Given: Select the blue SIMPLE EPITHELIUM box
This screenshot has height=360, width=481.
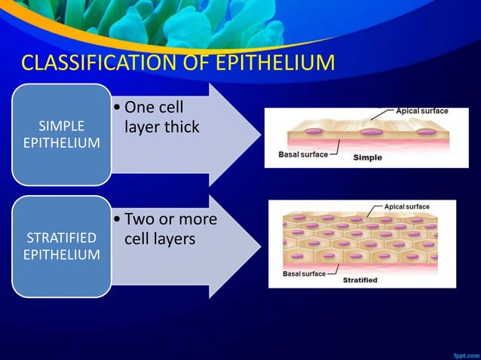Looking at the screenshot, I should pyautogui.click(x=62, y=133).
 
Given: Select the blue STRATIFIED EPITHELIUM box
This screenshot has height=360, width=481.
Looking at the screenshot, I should pyautogui.click(x=62, y=246).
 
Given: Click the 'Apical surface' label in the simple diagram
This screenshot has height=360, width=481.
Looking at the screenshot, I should pyautogui.click(x=421, y=111).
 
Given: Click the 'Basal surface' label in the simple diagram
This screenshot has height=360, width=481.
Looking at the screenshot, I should pyautogui.click(x=303, y=154).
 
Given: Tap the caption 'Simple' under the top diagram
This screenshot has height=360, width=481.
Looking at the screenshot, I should pyautogui.click(x=368, y=157).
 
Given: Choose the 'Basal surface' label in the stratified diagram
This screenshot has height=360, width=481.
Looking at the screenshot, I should pyautogui.click(x=304, y=273).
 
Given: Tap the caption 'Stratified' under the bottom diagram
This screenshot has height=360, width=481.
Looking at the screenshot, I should pyautogui.click(x=360, y=280).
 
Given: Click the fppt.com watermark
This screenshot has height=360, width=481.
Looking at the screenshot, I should pyautogui.click(x=463, y=352).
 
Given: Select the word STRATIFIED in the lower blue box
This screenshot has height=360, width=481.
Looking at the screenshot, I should pyautogui.click(x=62, y=238).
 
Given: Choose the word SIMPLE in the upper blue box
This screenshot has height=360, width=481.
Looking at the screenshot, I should pyautogui.click(x=62, y=125).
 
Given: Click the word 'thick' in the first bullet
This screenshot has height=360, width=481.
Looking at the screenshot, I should pyautogui.click(x=182, y=127).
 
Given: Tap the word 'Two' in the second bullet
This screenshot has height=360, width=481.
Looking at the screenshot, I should pyautogui.click(x=139, y=219).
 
